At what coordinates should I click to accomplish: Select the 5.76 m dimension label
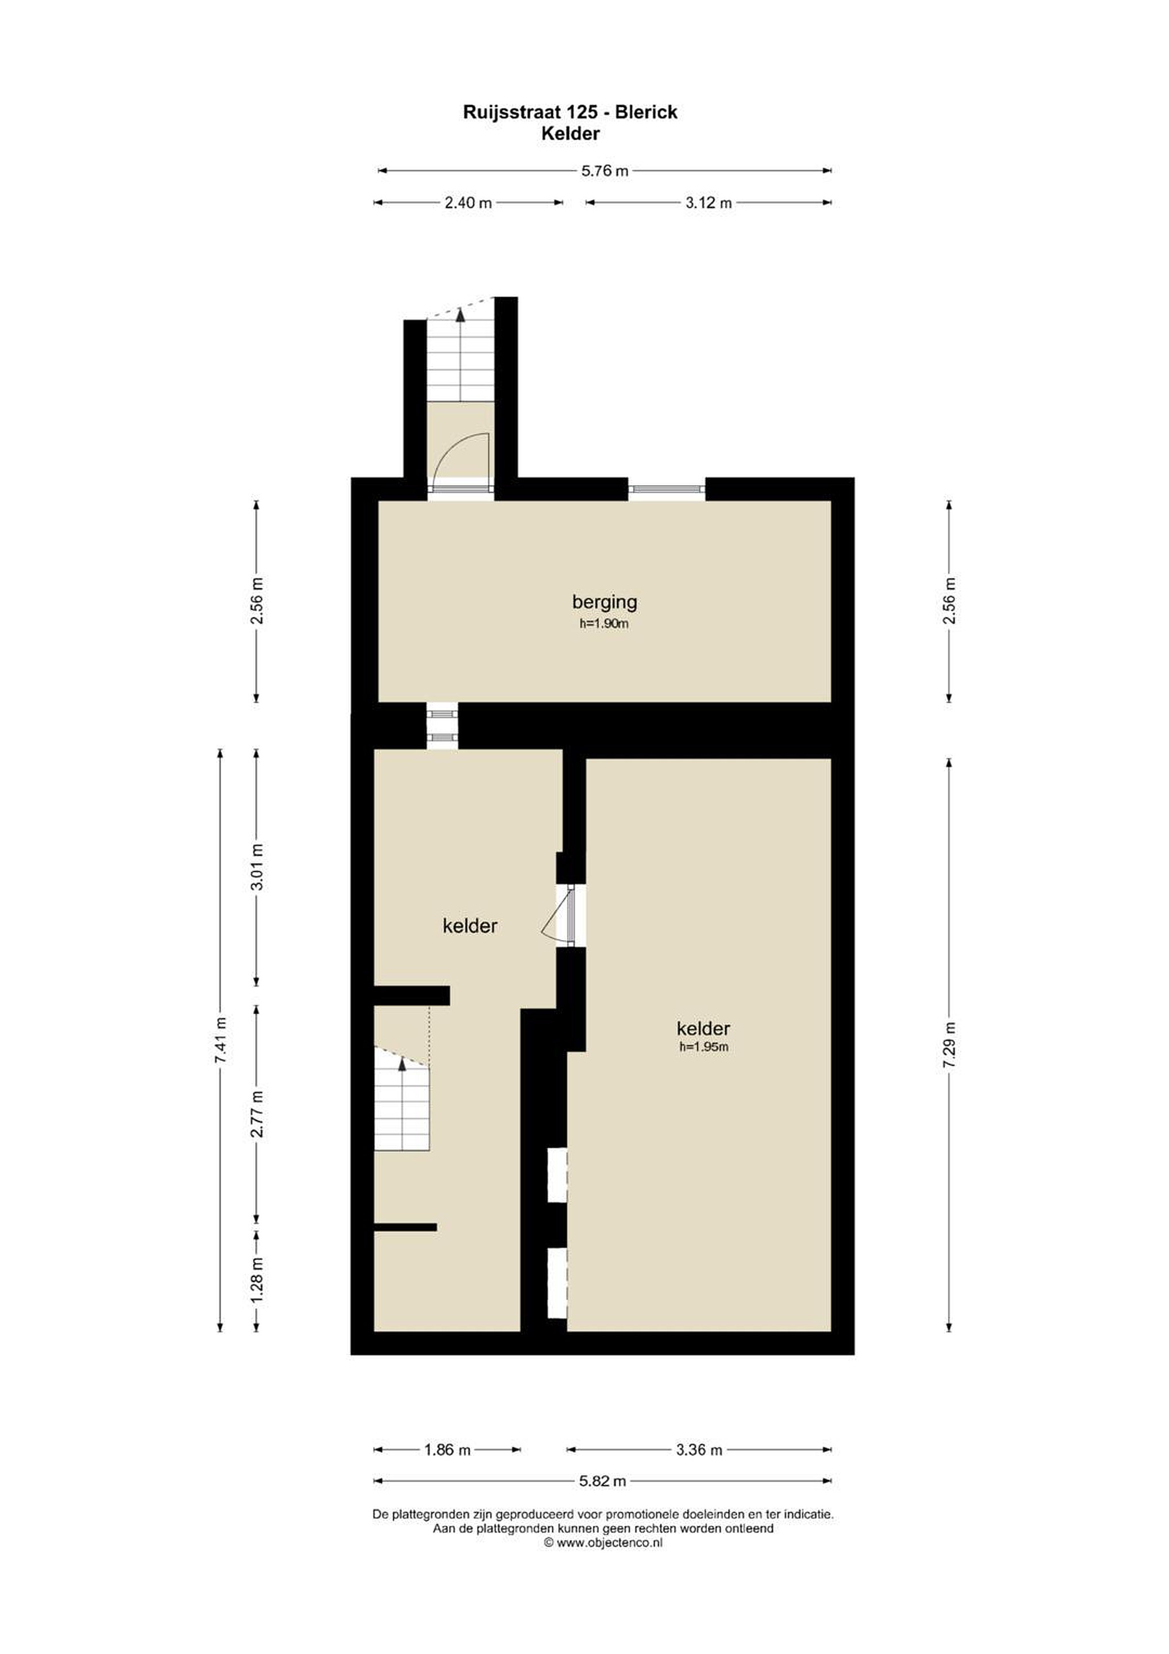click(x=605, y=171)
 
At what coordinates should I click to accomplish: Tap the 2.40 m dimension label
click(x=468, y=202)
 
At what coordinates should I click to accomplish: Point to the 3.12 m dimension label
click(x=708, y=202)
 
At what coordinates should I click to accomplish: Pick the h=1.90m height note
click(x=604, y=624)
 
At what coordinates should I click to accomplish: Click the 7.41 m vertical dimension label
click(x=220, y=1039)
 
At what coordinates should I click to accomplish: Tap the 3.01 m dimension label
click(x=257, y=867)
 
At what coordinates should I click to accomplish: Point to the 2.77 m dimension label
click(x=257, y=1114)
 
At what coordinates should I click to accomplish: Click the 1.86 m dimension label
click(x=447, y=1450)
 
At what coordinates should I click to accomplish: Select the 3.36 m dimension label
click(x=699, y=1450)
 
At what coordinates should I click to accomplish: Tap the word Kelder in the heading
click(x=571, y=133)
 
